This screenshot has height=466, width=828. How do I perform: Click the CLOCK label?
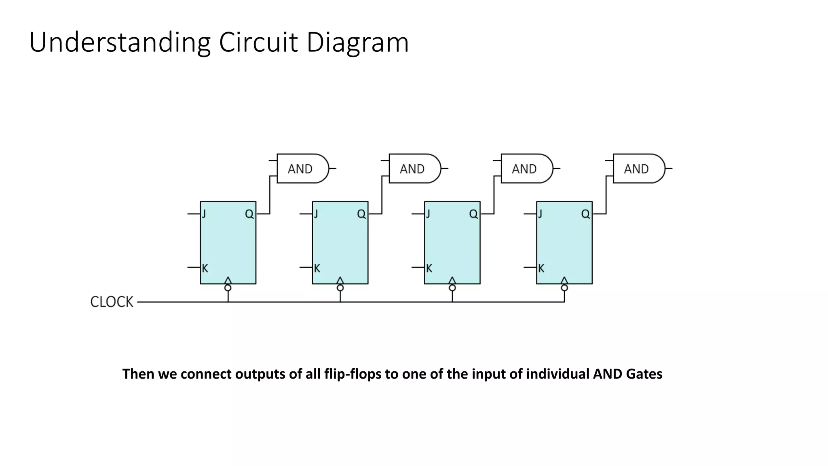[x=112, y=302]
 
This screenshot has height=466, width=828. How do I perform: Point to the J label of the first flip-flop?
[x=204, y=214]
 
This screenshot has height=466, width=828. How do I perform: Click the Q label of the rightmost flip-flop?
[x=585, y=214]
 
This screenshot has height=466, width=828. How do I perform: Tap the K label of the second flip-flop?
[x=317, y=268]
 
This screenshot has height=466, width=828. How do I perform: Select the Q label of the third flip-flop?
[x=473, y=214]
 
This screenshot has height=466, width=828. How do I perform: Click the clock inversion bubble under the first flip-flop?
[x=228, y=288]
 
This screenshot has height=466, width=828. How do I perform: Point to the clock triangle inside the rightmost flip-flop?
[x=564, y=280]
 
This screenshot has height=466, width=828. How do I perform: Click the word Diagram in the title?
[x=357, y=42]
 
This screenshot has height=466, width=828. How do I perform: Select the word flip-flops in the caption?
[x=353, y=374]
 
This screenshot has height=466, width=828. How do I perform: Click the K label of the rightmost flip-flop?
[x=541, y=268]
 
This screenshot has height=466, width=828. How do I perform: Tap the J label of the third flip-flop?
[x=428, y=214]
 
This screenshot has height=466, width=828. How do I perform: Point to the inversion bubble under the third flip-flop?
[x=452, y=288]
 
